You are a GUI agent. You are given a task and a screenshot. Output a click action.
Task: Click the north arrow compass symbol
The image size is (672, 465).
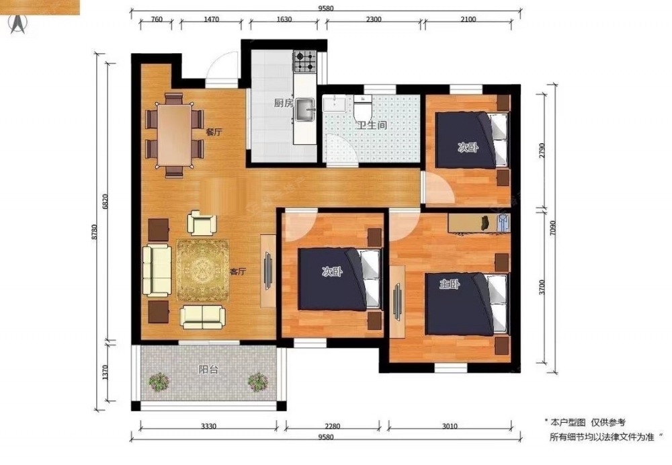[18, 24]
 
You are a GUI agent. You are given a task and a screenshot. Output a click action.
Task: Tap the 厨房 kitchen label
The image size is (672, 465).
[284, 103]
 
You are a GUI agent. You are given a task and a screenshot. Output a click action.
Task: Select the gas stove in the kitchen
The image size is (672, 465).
[304, 61]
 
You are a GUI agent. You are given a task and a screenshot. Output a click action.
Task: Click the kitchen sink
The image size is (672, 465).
[305, 108]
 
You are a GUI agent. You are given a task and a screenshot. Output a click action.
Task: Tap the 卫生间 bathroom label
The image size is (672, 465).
[372, 125]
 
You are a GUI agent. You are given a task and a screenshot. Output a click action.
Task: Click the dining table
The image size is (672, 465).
[175, 134]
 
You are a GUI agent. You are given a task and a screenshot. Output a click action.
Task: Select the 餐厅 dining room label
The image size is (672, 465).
[214, 132]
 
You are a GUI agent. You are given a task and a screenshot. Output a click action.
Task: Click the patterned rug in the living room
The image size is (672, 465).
[203, 270]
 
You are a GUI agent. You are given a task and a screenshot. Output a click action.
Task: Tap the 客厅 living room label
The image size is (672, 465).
[238, 271]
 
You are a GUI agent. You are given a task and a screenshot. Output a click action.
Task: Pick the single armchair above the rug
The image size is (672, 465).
[202, 222]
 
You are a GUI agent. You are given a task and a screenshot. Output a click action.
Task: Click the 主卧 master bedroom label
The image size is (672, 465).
[450, 284]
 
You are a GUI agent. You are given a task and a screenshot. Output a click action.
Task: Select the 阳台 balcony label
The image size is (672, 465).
[208, 369]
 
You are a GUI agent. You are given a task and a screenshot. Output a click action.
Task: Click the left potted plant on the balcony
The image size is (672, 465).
[159, 382]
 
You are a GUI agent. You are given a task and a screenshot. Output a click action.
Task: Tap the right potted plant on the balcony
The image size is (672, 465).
[258, 382]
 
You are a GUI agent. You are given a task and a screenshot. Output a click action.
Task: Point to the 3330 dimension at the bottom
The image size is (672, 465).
[209, 426]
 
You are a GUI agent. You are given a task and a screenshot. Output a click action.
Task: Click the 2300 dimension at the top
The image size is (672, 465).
[374, 19]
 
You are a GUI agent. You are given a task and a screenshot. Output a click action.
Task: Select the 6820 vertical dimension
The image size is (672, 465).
[106, 202]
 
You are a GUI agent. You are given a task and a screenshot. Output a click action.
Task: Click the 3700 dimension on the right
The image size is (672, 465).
[542, 287]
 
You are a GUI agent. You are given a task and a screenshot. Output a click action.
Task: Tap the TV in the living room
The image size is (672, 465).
[268, 271]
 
